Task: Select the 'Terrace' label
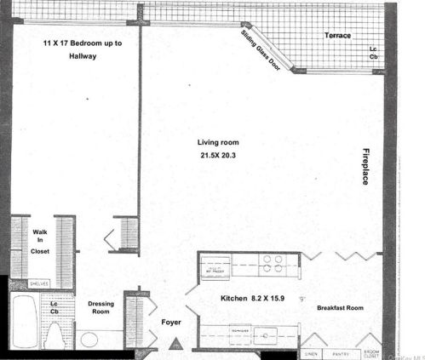click(339, 36)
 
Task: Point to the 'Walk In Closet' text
click(39, 241)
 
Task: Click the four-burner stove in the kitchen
click(270, 265)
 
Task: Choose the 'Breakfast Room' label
click(340, 308)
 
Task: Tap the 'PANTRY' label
click(342, 352)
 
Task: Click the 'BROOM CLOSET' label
click(371, 353)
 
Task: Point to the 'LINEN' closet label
click(312, 352)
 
